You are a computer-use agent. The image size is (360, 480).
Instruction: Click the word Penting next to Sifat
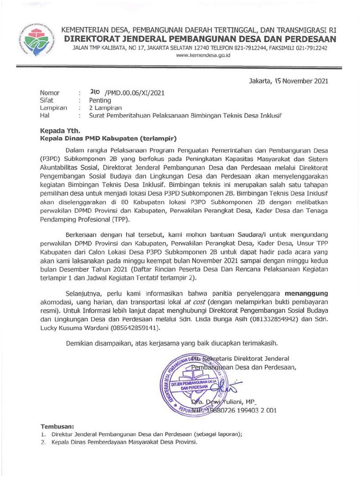pos(100,100)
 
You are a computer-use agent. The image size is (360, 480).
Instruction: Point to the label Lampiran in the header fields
pos(53,108)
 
